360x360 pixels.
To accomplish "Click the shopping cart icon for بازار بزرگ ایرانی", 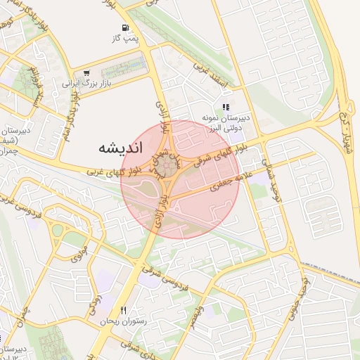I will click(x=86, y=72).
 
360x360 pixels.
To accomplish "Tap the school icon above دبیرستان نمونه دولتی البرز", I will click(x=226, y=108).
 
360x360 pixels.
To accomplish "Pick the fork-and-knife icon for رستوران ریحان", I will click(x=124, y=310).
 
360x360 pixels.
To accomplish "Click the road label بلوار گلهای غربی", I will click(x=115, y=169).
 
